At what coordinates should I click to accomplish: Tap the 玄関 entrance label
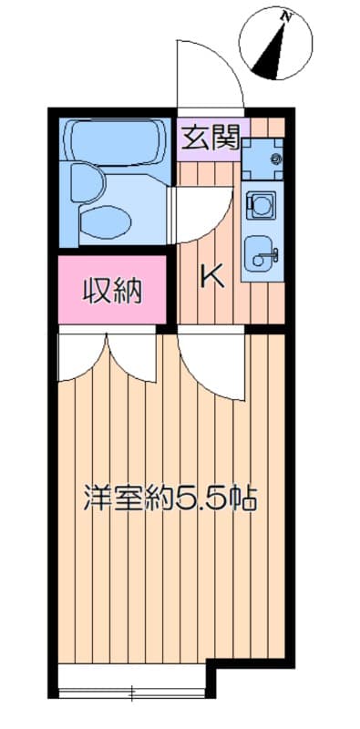210,138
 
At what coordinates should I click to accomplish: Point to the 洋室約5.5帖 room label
170,498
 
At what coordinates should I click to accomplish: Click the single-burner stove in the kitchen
262,206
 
